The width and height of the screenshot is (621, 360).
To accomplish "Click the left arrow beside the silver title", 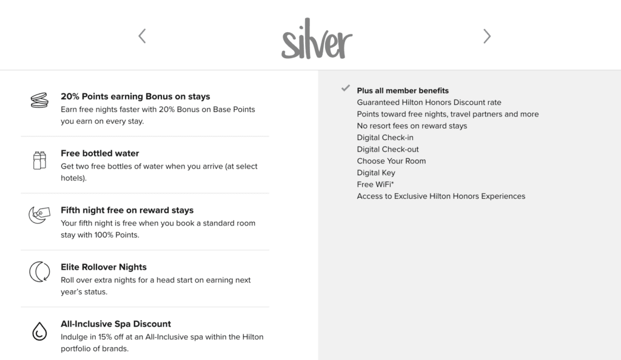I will (142, 36).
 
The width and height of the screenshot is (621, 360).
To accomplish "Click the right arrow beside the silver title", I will (487, 36).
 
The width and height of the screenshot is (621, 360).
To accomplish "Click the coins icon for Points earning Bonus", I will (39, 101).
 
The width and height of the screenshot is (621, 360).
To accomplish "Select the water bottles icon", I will (39, 160).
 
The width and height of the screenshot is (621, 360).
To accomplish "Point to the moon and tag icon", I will (39, 215).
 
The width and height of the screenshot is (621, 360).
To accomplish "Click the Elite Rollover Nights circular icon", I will (39, 272).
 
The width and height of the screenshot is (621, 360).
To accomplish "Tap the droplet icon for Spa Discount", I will (39, 330).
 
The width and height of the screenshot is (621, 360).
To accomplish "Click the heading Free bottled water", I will (100, 153).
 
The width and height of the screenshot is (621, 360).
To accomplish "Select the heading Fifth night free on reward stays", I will (127, 210).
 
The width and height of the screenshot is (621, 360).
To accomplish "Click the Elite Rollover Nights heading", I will (104, 267).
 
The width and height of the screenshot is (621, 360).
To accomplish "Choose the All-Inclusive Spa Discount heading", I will (116, 324).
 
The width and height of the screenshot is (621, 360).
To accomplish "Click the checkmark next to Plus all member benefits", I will (346, 88).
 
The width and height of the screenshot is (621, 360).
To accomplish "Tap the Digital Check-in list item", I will (385, 138).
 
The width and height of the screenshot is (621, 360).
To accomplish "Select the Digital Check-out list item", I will (388, 149).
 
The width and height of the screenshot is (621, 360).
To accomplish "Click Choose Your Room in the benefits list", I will (391, 161).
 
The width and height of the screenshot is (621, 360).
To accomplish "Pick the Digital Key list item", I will (376, 173).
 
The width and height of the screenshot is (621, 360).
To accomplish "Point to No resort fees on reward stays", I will (412, 126).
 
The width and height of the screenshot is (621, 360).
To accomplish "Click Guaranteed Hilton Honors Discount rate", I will (429, 102).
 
